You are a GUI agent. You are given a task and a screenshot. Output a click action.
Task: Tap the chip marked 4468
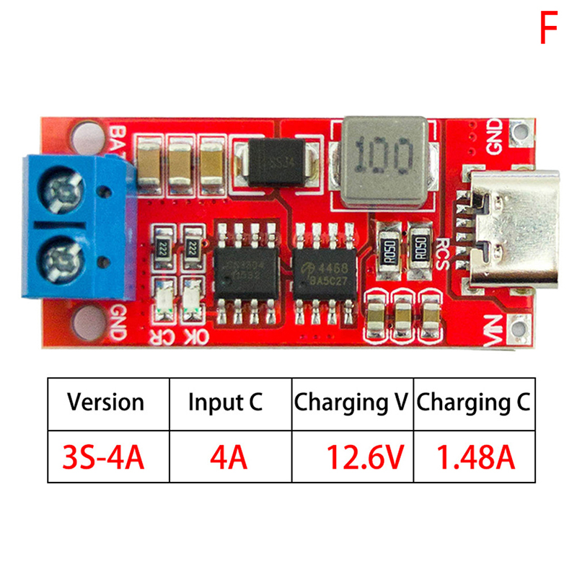click(x=325, y=268)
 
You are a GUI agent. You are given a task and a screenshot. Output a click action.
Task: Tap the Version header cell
click(x=106, y=402)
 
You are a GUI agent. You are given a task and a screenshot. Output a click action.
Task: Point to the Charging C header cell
click(x=475, y=402)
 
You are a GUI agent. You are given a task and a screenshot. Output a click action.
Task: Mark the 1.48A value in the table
click(x=475, y=457)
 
